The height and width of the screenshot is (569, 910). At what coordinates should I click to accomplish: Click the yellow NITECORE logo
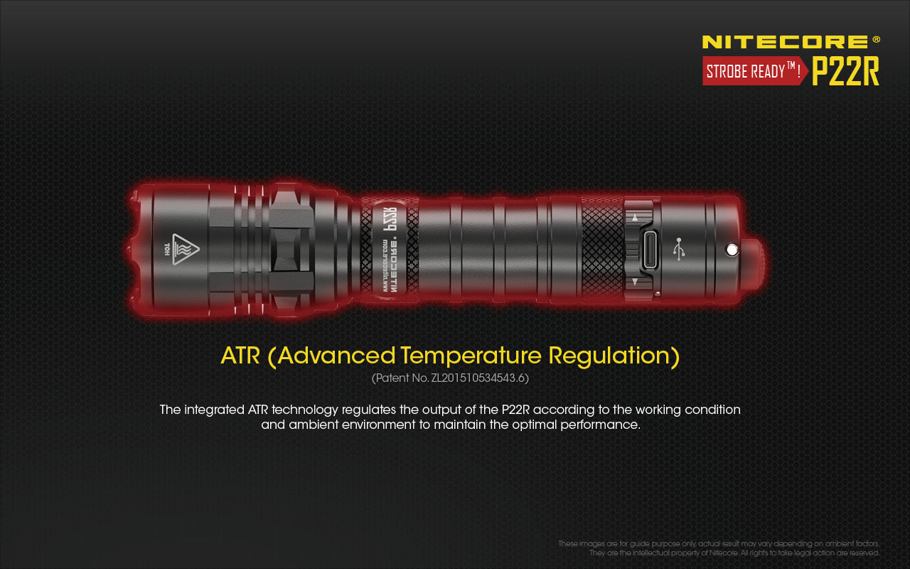(x=785, y=42)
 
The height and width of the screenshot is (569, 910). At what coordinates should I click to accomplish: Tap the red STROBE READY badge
(x=754, y=71)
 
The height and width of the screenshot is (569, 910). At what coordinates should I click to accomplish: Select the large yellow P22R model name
(x=846, y=71)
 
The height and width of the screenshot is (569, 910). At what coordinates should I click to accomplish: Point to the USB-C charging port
(x=649, y=250)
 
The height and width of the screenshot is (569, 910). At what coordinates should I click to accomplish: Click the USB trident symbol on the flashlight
(x=679, y=249)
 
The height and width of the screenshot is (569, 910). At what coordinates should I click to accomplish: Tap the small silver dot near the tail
(x=730, y=248)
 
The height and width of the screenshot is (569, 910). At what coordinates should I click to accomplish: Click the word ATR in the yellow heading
(x=240, y=355)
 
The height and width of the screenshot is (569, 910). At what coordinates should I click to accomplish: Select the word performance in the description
(x=599, y=425)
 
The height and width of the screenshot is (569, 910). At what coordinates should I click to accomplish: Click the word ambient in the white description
(x=316, y=425)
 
